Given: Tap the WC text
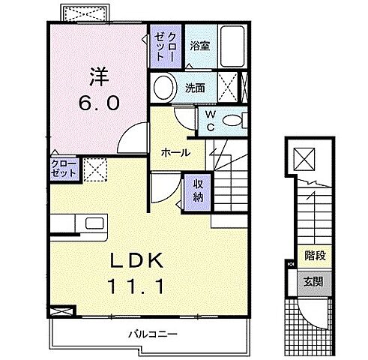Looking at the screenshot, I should coord(210,120).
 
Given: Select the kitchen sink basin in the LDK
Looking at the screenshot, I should coord(94,223).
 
